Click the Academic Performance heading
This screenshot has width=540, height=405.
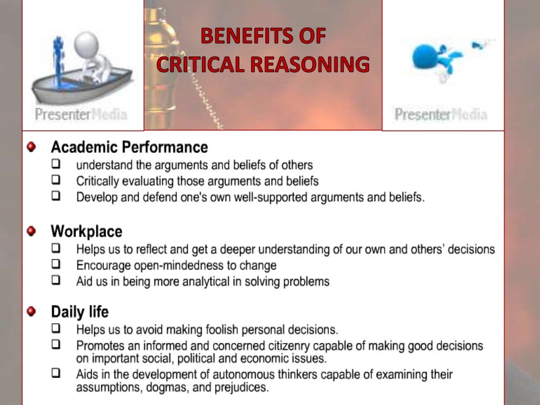pyautogui.click(x=129, y=147)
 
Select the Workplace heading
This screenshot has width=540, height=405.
pyautogui.click(x=86, y=231)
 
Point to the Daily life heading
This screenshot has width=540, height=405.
pyautogui.click(x=80, y=312)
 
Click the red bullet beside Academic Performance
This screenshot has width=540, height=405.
pyautogui.click(x=32, y=146)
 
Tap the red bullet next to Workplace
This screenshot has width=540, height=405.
pyautogui.click(x=32, y=231)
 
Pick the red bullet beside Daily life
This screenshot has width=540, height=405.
pyautogui.click(x=32, y=312)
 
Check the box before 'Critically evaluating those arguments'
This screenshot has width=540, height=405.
pyautogui.click(x=56, y=180)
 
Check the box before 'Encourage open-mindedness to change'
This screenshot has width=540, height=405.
pyautogui.click(x=56, y=264)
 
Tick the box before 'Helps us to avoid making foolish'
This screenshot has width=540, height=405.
pyautogui.click(x=56, y=329)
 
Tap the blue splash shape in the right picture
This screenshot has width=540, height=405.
pyautogui.click(x=430, y=56)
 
